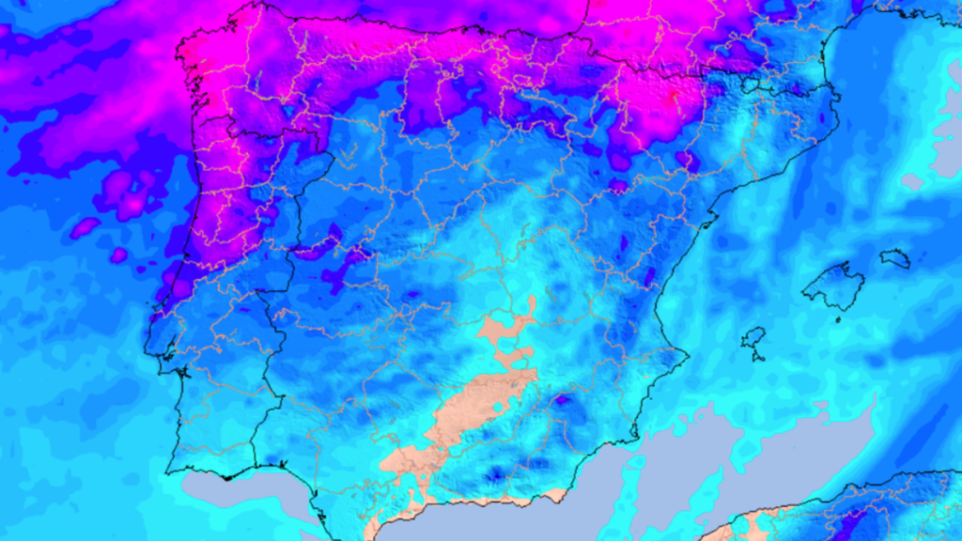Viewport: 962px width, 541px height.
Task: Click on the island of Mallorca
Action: click(x=833, y=286)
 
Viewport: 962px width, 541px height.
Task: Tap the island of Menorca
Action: click(x=895, y=258)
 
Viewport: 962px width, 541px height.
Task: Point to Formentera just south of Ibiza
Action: click(x=757, y=358)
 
